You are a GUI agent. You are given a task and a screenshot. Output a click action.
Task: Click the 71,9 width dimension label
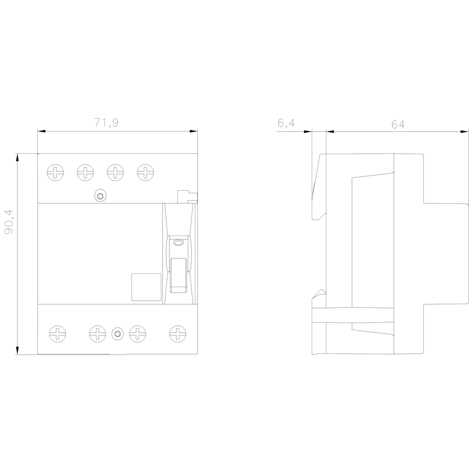coord(106,123)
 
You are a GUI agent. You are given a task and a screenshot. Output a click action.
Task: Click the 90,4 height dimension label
coord(9,222)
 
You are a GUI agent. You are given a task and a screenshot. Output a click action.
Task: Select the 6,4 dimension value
coord(286,123)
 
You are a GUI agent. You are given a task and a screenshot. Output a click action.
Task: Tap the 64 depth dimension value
coord(398,124)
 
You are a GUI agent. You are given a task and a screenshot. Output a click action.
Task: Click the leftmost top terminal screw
coord(55,173)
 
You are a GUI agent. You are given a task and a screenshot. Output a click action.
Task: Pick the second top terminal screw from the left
coord(85,173)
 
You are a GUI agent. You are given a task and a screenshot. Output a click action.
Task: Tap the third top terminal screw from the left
coord(115,173)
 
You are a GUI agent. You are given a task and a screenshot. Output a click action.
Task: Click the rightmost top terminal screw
coord(145,173)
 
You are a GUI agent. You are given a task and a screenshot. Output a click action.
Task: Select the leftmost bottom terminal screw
coord(58,333)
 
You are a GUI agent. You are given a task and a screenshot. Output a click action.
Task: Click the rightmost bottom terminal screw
coord(178,333)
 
